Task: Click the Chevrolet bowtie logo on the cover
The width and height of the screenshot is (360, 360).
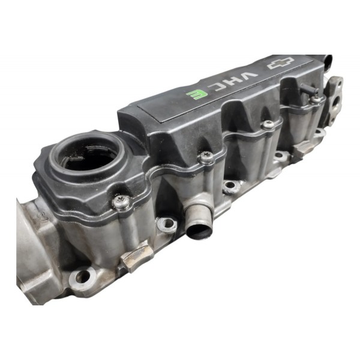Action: [281, 63]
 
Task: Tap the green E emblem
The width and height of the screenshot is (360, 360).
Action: [195, 95]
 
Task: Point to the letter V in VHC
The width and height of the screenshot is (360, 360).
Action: [251, 76]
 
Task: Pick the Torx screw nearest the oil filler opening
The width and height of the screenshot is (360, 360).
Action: [121, 202]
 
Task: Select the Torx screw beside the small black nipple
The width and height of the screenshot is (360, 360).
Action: [316, 100]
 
